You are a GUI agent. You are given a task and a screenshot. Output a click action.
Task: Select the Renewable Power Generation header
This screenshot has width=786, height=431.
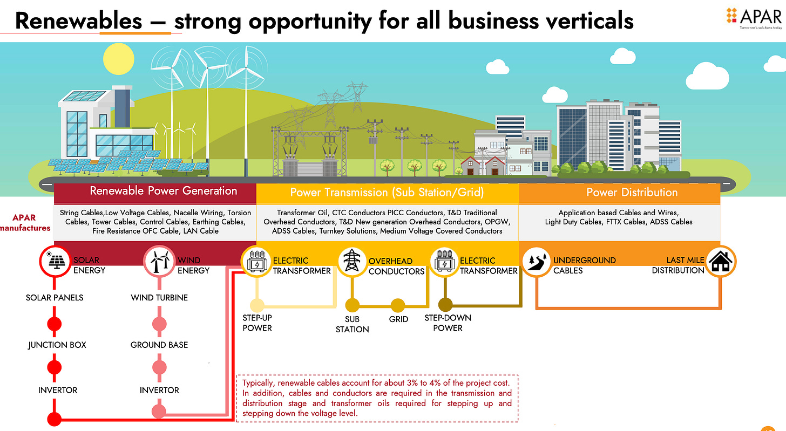[x=163, y=191]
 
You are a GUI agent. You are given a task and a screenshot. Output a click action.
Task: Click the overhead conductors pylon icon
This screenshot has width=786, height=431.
[x=352, y=262]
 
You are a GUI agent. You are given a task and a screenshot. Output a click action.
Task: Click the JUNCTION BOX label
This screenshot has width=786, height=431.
[x=57, y=345]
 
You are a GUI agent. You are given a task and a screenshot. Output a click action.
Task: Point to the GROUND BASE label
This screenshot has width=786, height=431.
[x=159, y=345]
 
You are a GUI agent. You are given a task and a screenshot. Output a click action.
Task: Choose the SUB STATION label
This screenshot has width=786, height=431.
[x=352, y=324]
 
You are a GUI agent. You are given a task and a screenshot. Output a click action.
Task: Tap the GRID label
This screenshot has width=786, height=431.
[x=398, y=319]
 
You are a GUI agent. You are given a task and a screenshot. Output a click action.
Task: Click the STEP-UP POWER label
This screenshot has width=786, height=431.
[x=257, y=323]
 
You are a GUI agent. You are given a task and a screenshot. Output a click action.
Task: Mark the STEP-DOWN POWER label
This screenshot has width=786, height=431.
[x=448, y=323]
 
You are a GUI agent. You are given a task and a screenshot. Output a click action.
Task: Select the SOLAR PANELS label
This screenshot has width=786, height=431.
[x=55, y=297]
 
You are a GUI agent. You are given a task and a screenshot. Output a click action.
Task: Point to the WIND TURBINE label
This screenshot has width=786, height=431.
[x=159, y=297]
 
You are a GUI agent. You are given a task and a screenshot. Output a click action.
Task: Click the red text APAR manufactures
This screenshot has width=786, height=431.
[x=25, y=223]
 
